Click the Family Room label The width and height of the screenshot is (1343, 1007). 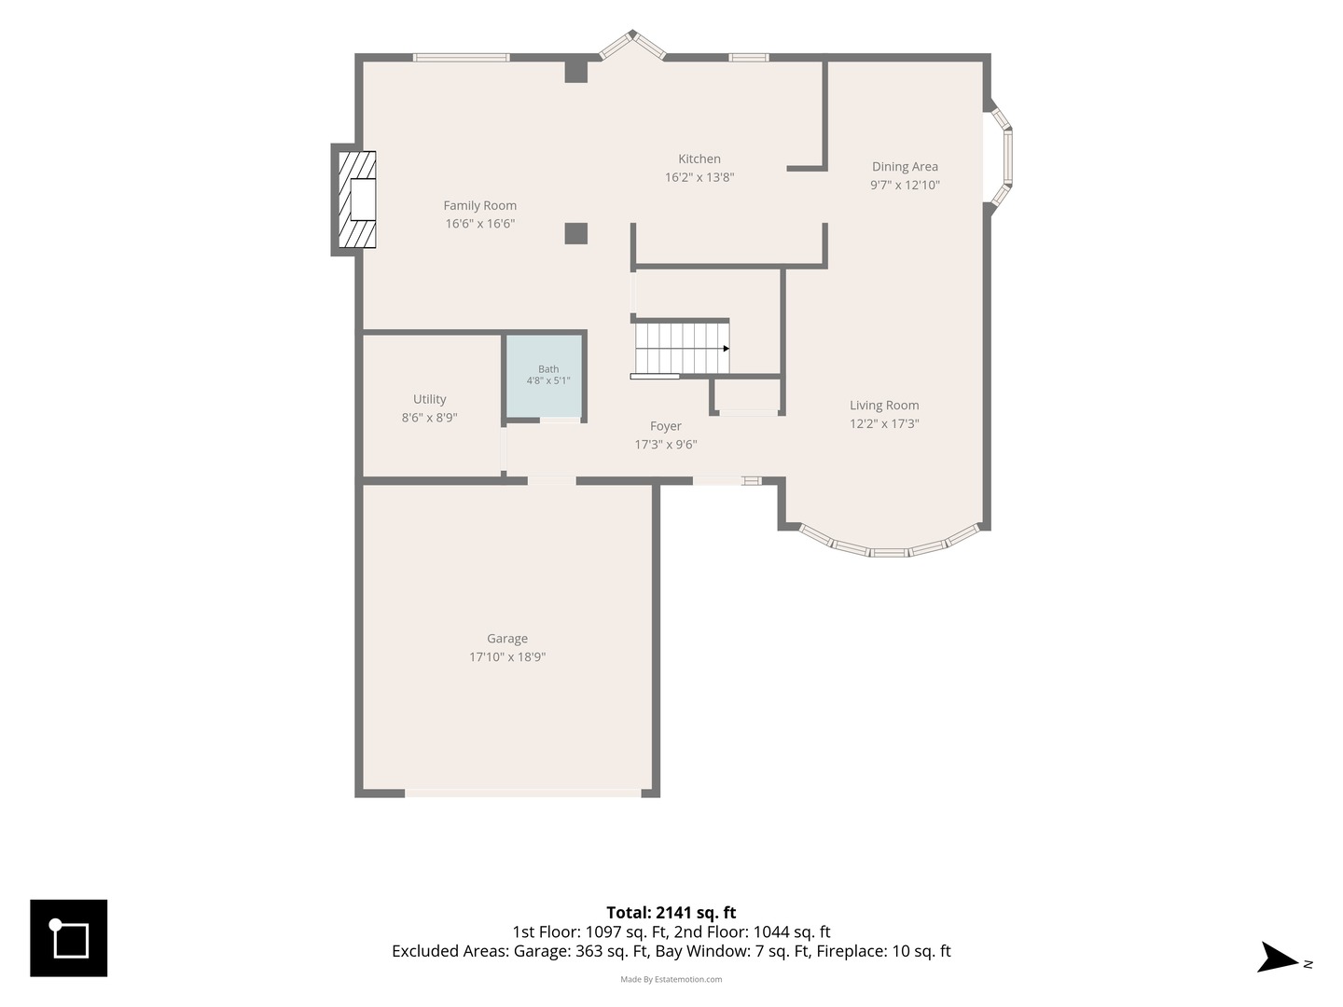pyautogui.click(x=479, y=205)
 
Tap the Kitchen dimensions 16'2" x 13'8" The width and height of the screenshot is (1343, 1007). pyautogui.click(x=699, y=177)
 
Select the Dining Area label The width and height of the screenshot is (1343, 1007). pyautogui.click(x=905, y=166)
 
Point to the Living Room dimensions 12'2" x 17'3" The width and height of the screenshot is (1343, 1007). pyautogui.click(x=884, y=423)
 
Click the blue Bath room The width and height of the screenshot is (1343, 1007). pyautogui.click(x=545, y=377)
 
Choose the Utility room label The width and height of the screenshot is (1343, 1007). pyautogui.click(x=430, y=399)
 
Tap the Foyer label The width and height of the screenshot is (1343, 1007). pyautogui.click(x=666, y=426)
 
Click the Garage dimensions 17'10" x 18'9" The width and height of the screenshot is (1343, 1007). pyautogui.click(x=507, y=656)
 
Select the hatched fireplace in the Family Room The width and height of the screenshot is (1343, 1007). pyautogui.click(x=356, y=200)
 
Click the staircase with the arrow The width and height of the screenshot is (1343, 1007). pyautogui.click(x=682, y=348)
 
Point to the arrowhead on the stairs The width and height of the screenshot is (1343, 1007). pyautogui.click(x=727, y=349)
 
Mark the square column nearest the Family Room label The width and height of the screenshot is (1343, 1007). pyautogui.click(x=575, y=233)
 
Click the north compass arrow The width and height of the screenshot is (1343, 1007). pyautogui.click(x=1278, y=957)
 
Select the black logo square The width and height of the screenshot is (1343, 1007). pyautogui.click(x=68, y=938)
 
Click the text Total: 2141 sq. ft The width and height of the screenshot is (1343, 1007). pyautogui.click(x=671, y=913)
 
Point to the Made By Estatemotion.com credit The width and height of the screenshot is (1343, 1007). pyautogui.click(x=671, y=979)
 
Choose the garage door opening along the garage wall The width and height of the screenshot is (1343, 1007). pyautogui.click(x=523, y=793)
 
